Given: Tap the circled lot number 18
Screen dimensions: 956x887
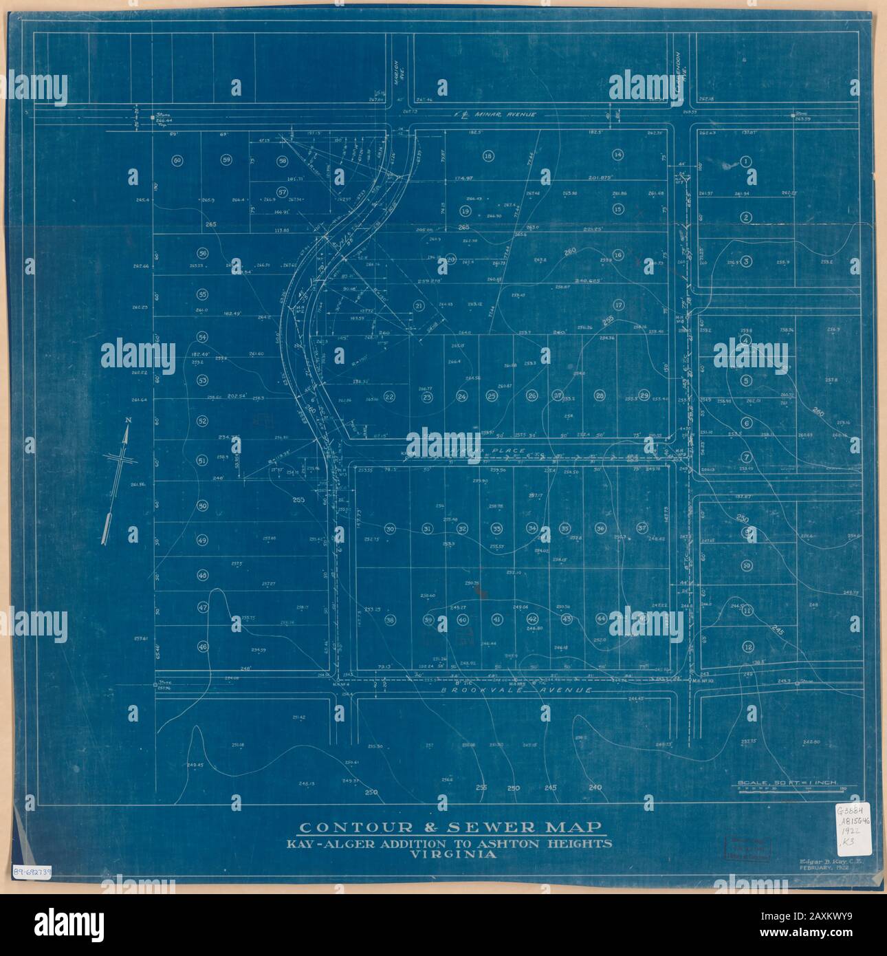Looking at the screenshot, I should click(x=488, y=156).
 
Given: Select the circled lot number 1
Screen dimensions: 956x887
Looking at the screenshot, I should click(x=745, y=161).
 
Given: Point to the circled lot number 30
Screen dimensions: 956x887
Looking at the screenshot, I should click(x=390, y=529).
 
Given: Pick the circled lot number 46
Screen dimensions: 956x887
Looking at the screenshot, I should click(x=202, y=646).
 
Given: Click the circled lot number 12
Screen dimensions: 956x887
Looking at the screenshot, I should click(x=747, y=646).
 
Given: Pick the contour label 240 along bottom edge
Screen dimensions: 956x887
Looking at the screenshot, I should click(x=595, y=787).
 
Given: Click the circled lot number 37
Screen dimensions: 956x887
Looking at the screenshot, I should click(x=643, y=528).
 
